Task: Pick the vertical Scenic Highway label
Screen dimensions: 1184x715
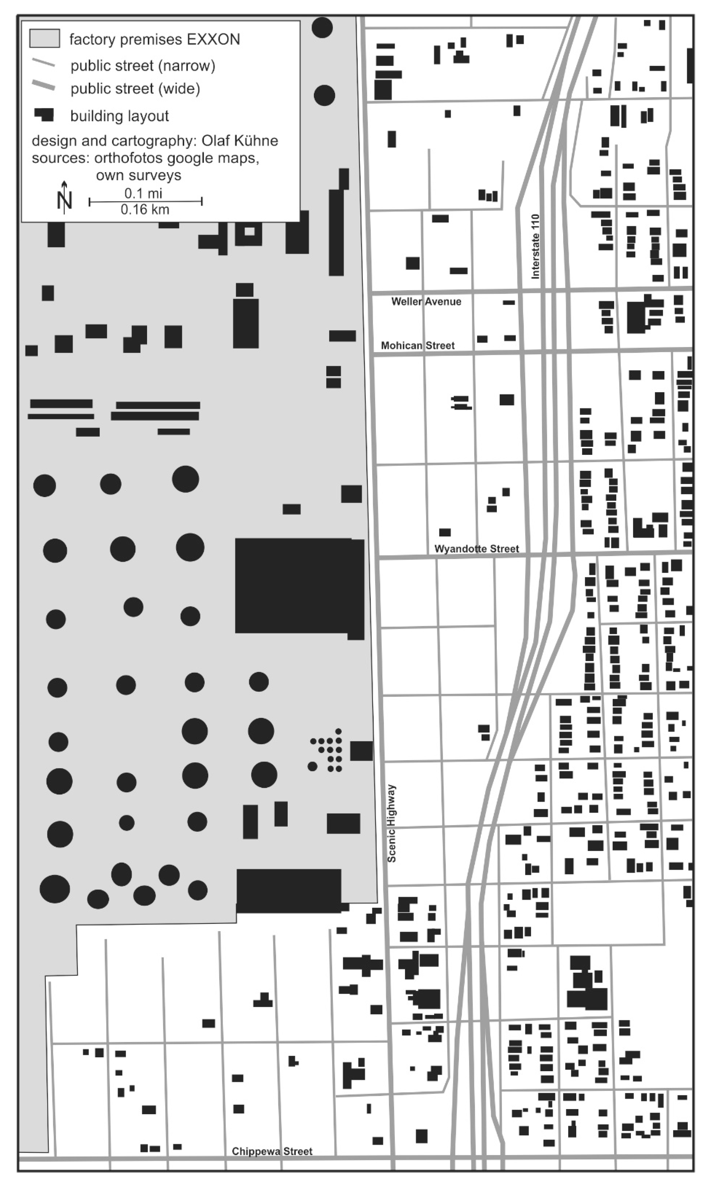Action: point(392,823)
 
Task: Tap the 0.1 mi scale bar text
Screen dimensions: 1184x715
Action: point(143,193)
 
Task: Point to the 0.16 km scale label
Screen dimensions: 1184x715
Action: point(145,210)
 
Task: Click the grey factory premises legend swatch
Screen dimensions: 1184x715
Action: point(45,39)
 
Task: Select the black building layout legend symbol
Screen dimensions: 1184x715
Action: point(44,115)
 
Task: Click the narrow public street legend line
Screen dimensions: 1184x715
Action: point(43,63)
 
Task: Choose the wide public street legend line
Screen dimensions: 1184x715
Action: point(43,86)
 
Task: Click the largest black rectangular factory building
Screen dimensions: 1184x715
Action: point(299,586)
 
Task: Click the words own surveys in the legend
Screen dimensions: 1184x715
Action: point(139,175)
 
